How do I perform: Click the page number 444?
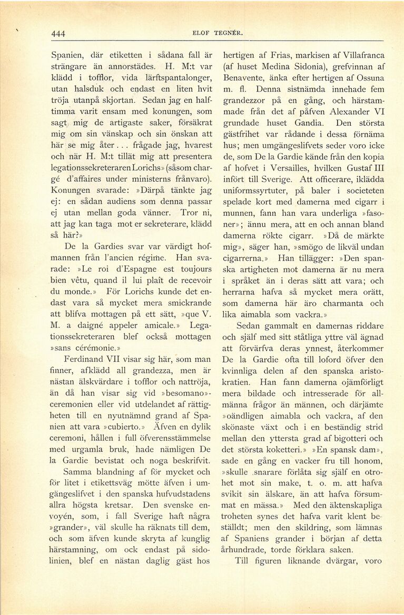coord(58,34)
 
